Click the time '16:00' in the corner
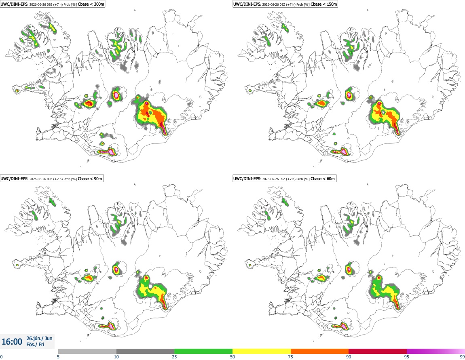pos(12,342)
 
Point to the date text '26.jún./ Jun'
pos(39,338)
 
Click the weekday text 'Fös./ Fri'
pos(35,345)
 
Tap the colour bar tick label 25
pos(174,357)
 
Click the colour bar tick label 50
pos(232,357)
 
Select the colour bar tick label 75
pos(291,357)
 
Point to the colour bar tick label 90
pos(349,357)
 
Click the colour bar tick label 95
pos(407,357)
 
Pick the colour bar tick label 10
pos(116,357)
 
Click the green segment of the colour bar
pos(203,351)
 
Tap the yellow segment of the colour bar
pos(262,351)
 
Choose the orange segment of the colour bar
pos(320,351)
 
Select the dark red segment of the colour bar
pos(378,351)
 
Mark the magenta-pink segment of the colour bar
pos(436,351)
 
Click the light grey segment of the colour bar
pos(87,351)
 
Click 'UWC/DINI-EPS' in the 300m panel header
pos(14,4)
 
